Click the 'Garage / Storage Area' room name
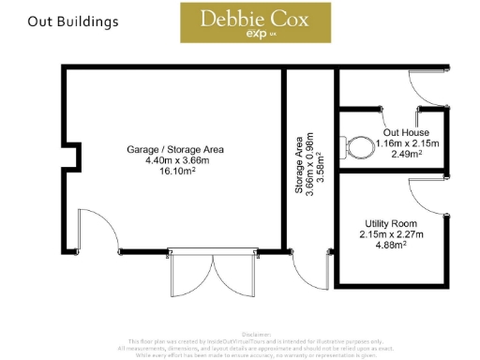pyautogui.click(x=176, y=149)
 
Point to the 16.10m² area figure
pyautogui.click(x=176, y=173)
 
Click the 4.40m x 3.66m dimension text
pyautogui.click(x=176, y=161)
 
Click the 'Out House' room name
pyautogui.click(x=406, y=133)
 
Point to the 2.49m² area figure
pyautogui.click(x=406, y=156)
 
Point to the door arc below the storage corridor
pyautogui.click(x=306, y=271)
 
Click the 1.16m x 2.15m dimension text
pyautogui.click(x=406, y=144)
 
